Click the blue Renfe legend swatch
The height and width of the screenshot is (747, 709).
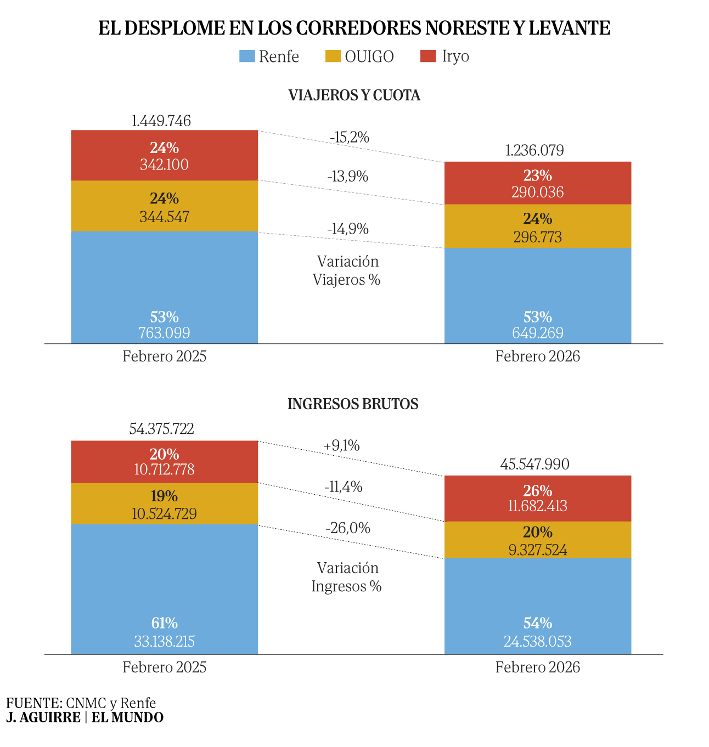pos(247,56)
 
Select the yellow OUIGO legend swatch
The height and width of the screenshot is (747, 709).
pos(333,56)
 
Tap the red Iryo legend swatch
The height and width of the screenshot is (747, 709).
pos(428,56)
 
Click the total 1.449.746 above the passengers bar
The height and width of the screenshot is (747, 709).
pos(161,121)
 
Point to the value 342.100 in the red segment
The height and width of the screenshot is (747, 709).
pos(164,165)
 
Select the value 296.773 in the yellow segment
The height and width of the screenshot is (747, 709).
pos(537,237)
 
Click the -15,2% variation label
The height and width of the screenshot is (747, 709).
pos(350,137)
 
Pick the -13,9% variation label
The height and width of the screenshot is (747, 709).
pos(347,177)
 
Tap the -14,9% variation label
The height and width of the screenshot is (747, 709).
pos(347,229)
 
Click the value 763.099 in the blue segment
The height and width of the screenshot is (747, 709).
pos(164,332)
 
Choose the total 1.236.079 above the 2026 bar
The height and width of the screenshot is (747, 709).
pos(534,150)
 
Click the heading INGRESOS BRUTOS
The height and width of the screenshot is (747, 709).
pos(353,404)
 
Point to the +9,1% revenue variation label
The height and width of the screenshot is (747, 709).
pos(341,446)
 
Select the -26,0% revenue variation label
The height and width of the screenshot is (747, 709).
pos(347,528)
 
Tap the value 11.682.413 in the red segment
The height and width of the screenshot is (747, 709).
pos(537,506)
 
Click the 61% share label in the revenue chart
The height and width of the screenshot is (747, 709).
pos(164,623)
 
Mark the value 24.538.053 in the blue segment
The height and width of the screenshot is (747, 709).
pos(537,641)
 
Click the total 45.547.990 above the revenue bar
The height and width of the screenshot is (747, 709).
pos(534,465)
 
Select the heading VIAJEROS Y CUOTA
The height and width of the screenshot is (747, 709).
pos(354,95)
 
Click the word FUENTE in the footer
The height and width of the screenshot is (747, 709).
pos(33,703)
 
